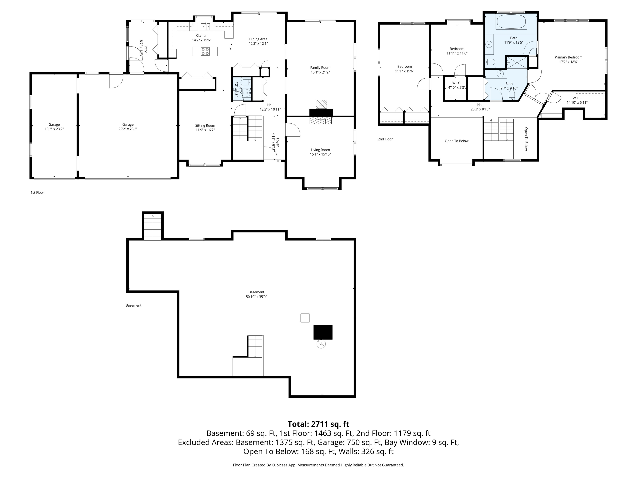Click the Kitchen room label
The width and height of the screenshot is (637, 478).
click(202, 36)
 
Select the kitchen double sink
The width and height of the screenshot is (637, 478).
click(205, 27)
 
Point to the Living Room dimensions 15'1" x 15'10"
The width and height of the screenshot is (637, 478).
click(320, 154)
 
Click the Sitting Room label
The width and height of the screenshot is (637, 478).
click(205, 126)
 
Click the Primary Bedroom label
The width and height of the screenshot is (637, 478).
click(568, 57)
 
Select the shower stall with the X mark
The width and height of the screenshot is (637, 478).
click(517, 62)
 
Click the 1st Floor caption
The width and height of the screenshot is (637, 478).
click(37, 192)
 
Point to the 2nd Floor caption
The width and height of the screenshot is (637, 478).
click(385, 139)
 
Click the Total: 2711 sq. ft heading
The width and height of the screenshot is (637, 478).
click(318, 424)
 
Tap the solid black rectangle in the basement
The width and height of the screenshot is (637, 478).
click(323, 332)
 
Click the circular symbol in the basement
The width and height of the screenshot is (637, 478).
click(321, 344)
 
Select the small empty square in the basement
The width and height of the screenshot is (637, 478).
click(305, 318)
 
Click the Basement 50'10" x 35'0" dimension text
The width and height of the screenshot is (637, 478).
click(256, 297)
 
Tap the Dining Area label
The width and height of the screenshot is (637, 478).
click(258, 39)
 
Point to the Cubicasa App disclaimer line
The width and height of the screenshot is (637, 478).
click(318, 465)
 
